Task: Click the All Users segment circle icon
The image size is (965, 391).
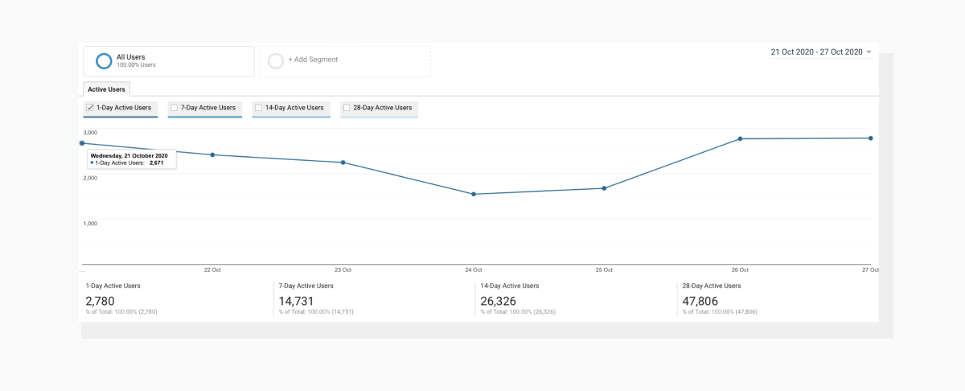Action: click(x=103, y=61)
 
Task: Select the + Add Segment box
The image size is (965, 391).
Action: click(x=345, y=60)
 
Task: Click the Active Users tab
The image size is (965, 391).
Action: click(x=106, y=89)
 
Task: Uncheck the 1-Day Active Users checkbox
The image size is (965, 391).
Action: click(x=90, y=108)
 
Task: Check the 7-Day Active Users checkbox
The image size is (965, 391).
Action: click(x=174, y=108)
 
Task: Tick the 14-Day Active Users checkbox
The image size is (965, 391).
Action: click(x=258, y=108)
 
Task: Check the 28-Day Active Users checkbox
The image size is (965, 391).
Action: click(x=347, y=108)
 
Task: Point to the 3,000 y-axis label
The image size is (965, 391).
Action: click(x=91, y=132)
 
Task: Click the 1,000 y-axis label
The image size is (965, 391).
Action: click(x=91, y=223)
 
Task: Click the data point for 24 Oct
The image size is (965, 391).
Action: click(x=474, y=194)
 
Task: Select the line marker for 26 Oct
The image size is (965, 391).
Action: click(x=740, y=138)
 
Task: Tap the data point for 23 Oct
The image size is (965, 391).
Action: click(x=343, y=163)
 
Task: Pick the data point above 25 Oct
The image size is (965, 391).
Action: click(x=604, y=188)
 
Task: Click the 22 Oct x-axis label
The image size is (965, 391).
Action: click(x=212, y=270)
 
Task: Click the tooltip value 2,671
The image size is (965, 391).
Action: click(x=157, y=163)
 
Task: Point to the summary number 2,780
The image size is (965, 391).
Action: click(x=101, y=302)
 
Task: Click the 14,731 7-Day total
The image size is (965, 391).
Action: click(x=296, y=302)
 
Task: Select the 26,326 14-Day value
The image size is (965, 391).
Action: click(x=498, y=302)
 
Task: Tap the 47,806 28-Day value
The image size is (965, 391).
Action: click(x=700, y=302)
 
